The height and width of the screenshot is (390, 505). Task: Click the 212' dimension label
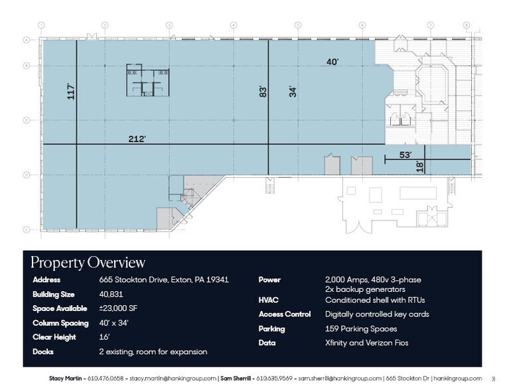(x=137, y=139)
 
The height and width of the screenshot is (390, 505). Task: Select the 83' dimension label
(x=262, y=91)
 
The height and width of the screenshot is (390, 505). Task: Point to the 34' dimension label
(x=293, y=91)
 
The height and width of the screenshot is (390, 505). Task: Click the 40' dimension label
(x=332, y=62)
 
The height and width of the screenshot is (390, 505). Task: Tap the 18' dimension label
(x=419, y=167)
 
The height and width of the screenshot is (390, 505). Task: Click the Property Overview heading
(x=88, y=263)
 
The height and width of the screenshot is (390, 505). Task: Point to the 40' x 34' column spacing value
(x=113, y=323)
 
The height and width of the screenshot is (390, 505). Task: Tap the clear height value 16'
(x=104, y=337)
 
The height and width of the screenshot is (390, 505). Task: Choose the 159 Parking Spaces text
(x=361, y=329)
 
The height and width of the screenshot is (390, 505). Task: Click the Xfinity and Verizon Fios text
(x=366, y=343)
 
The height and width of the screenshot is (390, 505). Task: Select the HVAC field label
(x=268, y=300)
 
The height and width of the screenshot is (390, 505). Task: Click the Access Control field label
(x=284, y=314)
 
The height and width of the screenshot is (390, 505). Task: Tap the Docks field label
(x=43, y=352)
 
